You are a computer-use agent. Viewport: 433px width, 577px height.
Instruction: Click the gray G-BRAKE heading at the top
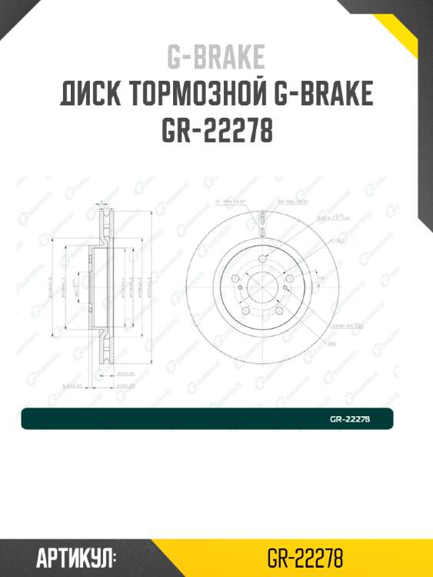pyautogui.click(x=216, y=57)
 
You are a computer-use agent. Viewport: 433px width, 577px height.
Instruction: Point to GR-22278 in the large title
pyautogui.click(x=216, y=132)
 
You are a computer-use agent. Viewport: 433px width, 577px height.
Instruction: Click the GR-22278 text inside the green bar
pyautogui.click(x=350, y=419)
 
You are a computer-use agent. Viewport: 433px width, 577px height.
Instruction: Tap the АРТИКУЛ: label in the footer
pyautogui.click(x=75, y=557)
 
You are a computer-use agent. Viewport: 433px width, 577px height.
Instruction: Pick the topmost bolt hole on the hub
pyautogui.click(x=261, y=258)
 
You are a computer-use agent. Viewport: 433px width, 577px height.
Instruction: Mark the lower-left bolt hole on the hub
pyautogui.click(x=245, y=311)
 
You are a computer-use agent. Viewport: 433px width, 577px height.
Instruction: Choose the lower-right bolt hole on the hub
pyautogui.click(x=279, y=311)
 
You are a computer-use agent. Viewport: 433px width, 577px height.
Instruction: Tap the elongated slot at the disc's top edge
pyautogui.click(x=261, y=225)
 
